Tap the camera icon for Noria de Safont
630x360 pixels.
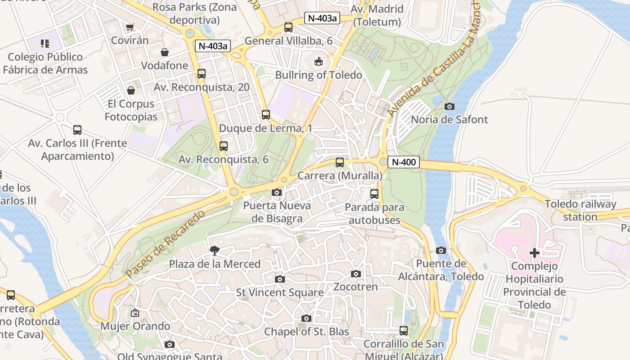[449, 107]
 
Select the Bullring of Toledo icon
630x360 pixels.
[319, 61]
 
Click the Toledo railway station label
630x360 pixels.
[580, 210]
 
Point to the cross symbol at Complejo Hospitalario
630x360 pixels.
[535, 253]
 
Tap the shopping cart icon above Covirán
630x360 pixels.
[130, 27]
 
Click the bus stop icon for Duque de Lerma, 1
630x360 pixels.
[266, 115]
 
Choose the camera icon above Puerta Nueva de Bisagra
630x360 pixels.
[277, 193]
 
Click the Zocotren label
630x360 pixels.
[355, 287]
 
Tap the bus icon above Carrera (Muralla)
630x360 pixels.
[340, 162]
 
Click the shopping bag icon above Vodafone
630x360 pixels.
[165, 52]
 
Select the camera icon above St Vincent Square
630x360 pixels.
[280, 279]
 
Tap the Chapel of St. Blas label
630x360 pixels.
[306, 332]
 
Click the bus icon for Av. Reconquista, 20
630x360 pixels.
[202, 74]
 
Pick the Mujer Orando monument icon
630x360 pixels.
[135, 313]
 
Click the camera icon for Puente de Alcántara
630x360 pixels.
[441, 250]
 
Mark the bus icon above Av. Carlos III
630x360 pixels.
[77, 130]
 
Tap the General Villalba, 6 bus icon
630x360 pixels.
[288, 27]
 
